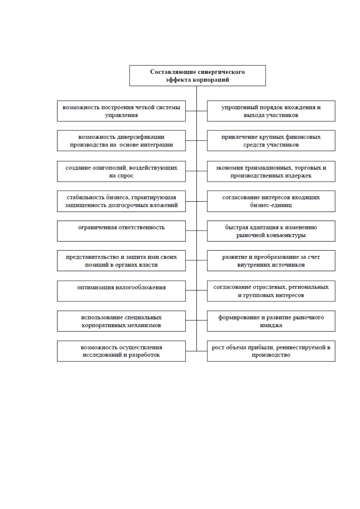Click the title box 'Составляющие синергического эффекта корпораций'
tap(197, 76)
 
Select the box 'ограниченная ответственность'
tap(122, 231)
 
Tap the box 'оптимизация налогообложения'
tap(122, 291)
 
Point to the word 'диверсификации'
tap(141, 137)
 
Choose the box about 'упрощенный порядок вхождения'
tap(271, 111)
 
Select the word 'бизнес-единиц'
tap(271, 205)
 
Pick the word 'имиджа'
tap(271, 325)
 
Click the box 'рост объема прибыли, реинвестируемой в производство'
tap(271, 351)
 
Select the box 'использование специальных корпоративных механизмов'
tap(122, 321)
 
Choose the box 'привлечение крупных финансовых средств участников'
tap(271, 141)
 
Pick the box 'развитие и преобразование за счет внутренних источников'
tap(271, 261)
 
